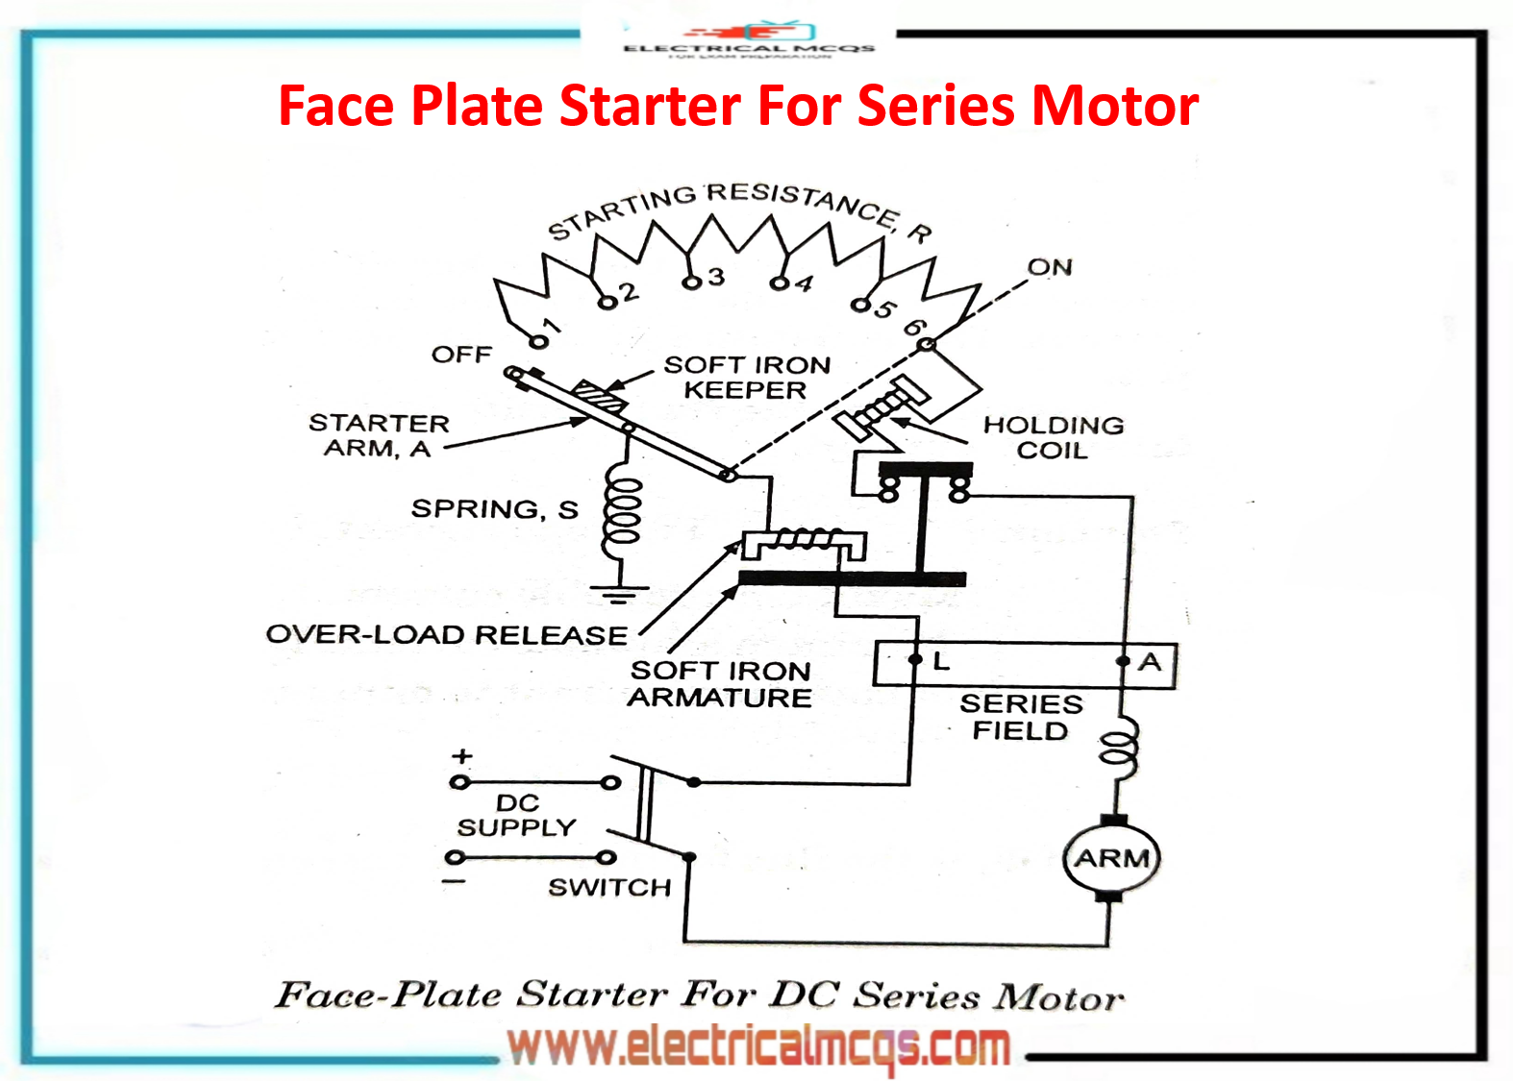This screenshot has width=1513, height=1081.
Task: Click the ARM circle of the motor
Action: click(1111, 857)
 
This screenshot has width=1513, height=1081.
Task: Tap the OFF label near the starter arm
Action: click(461, 355)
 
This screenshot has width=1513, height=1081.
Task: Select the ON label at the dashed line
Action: click(1050, 267)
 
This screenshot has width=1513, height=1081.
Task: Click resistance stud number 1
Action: click(539, 341)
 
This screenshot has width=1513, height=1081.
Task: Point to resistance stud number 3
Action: click(690, 283)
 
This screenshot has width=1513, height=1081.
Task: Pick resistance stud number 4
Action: click(778, 283)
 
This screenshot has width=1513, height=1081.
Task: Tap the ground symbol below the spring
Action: click(619, 592)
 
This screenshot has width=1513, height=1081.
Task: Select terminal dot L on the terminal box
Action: click(915, 660)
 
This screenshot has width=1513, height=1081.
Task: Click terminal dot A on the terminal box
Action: click(1122, 661)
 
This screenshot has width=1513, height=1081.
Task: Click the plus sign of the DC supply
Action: click(462, 756)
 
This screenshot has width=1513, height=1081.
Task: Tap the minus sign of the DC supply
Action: click(454, 881)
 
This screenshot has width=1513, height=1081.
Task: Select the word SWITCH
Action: click(609, 887)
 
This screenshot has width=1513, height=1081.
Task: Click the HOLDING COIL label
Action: click(1053, 437)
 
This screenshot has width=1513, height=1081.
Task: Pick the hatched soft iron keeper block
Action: click(599, 395)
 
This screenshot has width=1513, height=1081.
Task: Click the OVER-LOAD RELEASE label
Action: click(446, 634)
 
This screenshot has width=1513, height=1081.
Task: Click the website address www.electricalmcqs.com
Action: click(758, 1046)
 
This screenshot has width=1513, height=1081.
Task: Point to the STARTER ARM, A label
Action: click(378, 435)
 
